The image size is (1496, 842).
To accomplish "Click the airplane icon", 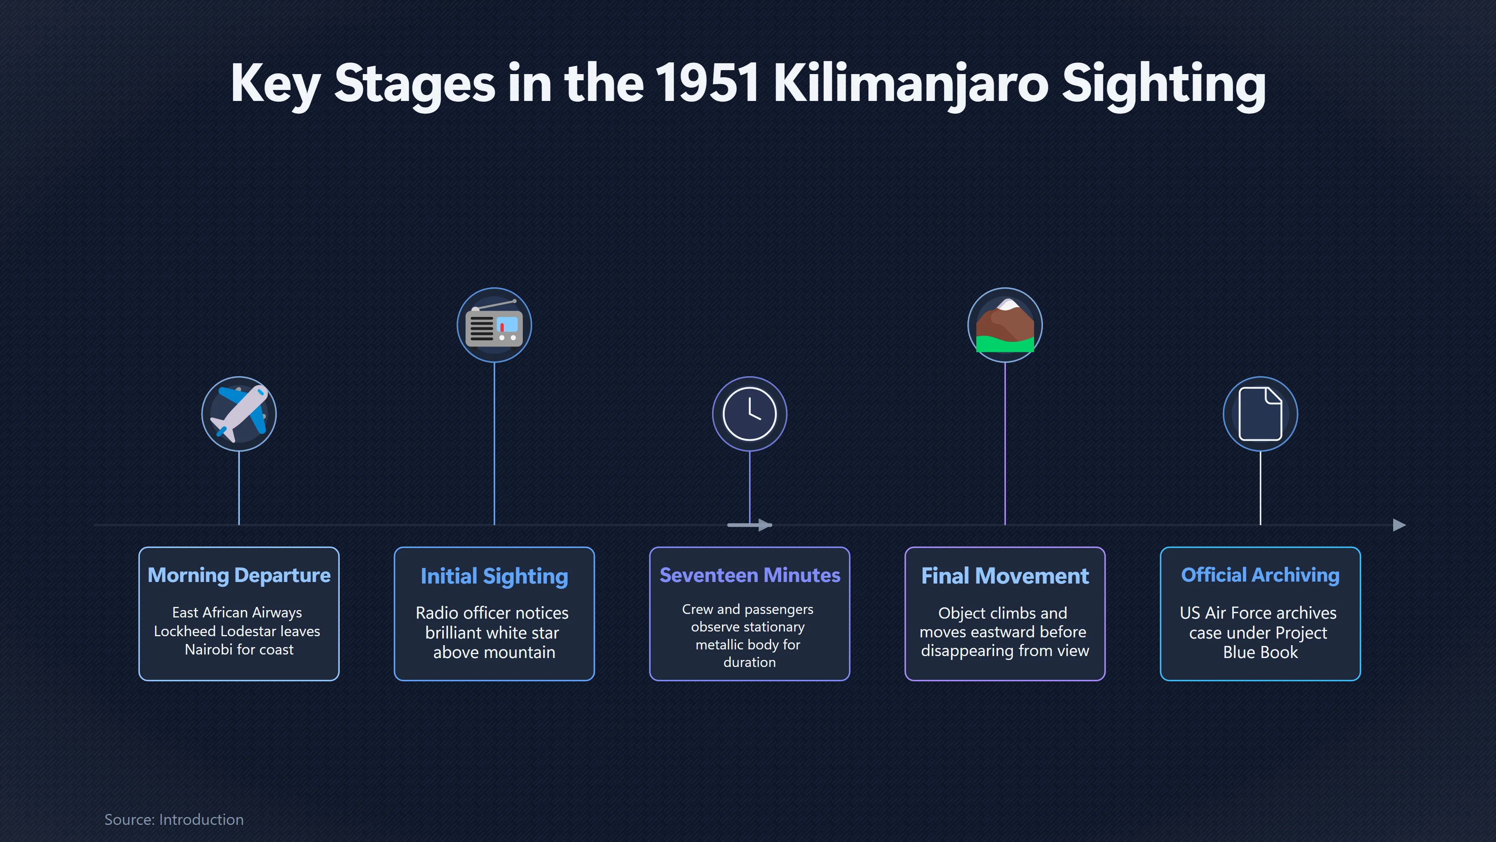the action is point(239,414).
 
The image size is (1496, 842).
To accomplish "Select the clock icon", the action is point(749,414).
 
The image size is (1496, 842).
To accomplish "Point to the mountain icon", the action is point(1005,325).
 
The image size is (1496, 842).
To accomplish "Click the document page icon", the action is point(1260,414).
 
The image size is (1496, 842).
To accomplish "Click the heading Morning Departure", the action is point(239,575).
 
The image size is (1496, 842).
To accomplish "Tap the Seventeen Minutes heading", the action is point(750,575).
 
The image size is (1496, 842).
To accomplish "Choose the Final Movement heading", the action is point(1005,576).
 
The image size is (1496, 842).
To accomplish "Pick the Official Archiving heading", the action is point(1260,575).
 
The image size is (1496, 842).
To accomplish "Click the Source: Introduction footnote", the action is point(174,819).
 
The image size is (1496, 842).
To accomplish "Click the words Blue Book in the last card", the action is point(1260,653).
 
